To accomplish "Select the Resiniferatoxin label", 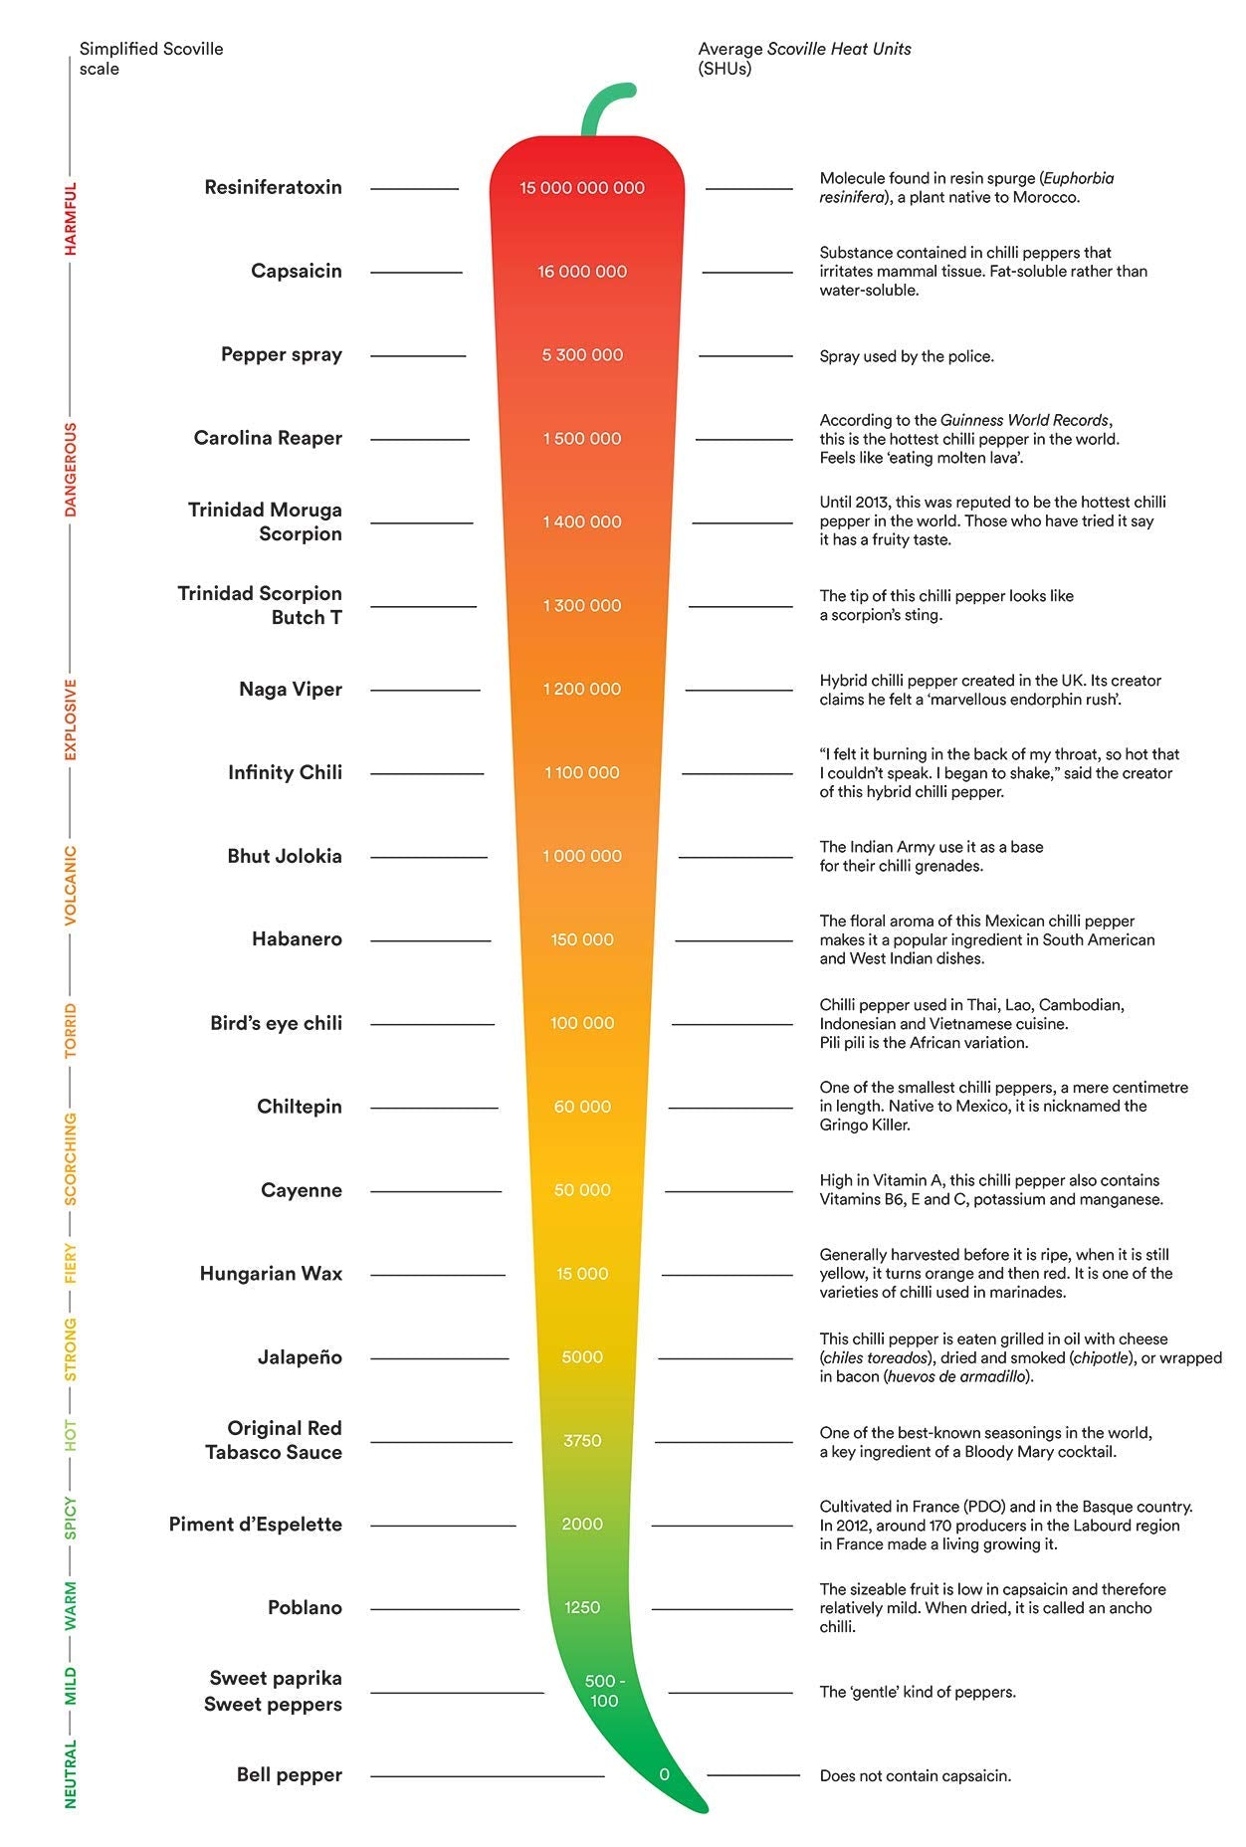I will pos(273,187).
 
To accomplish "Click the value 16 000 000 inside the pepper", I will pos(582,272).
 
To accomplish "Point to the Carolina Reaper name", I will pos(268,438).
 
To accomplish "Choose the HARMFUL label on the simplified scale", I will pos(71,219).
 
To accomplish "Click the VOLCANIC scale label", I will pos(71,886).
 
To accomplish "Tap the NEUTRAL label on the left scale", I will pos(71,1773).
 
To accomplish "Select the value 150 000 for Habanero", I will pos(582,939).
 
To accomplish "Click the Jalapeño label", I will pos(300,1357).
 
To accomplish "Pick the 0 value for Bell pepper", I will pos(664,1774).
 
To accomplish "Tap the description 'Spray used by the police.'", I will pos(907,356).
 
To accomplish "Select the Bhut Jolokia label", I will pos(285,856).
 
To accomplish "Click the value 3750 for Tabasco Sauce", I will pos(582,1441).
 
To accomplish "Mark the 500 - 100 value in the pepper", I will pos(604,1691).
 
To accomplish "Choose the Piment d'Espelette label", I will pos(255,1525).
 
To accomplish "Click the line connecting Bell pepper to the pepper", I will pos(488,1776).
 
